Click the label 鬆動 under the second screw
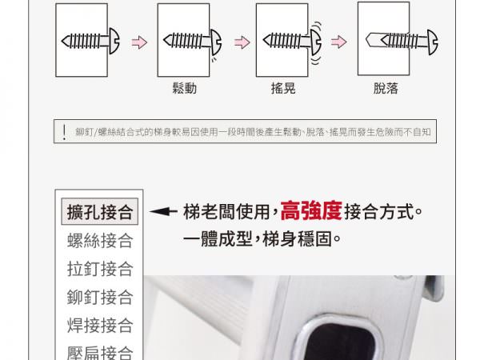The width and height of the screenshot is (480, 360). [x=185, y=88]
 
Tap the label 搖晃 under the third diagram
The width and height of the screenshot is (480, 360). [x=283, y=88]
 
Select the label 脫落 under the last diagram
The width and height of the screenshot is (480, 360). [x=386, y=88]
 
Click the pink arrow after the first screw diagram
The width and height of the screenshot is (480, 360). [x=139, y=42]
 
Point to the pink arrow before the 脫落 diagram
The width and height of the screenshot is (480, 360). [x=339, y=42]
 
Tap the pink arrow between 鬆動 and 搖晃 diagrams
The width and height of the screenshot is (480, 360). [x=242, y=42]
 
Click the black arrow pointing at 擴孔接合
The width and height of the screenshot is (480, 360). [x=163, y=211]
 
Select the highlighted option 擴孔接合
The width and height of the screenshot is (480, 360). [x=100, y=211]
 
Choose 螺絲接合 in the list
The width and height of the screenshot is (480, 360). [x=100, y=240]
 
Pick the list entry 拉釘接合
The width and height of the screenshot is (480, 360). [x=100, y=269]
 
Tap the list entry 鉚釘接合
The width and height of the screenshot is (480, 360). [x=100, y=297]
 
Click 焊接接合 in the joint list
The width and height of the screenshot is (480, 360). [x=100, y=325]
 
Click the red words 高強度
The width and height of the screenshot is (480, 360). [x=311, y=211]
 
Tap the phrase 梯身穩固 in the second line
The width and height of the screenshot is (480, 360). [x=297, y=238]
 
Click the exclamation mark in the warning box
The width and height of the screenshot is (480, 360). [x=64, y=132]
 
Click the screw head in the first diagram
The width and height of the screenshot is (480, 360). [x=114, y=41]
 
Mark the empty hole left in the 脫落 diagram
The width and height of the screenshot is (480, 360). [x=373, y=40]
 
